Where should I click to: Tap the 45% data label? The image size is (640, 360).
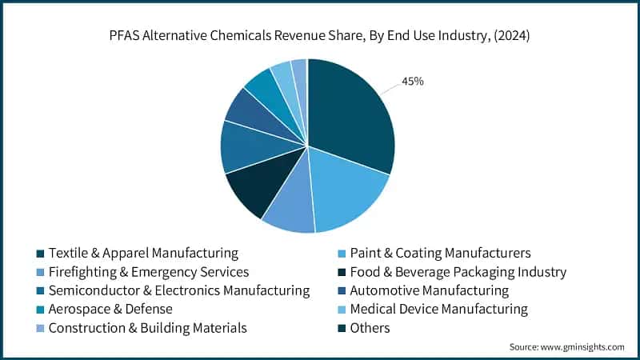(412, 81)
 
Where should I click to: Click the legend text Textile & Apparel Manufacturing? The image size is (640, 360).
(143, 253)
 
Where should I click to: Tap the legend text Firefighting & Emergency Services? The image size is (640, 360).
(148, 272)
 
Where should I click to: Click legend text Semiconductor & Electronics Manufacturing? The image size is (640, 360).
(178, 290)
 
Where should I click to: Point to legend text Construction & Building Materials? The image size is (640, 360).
(147, 327)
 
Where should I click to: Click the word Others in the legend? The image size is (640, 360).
(370, 327)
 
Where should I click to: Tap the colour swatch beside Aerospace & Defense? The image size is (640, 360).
(38, 310)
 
